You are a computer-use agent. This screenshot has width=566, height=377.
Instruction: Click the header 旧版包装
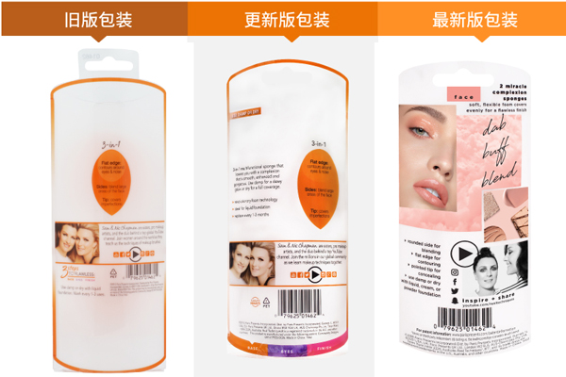pyautogui.click(x=94, y=19)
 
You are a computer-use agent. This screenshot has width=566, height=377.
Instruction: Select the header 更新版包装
pyautogui.click(x=282, y=19)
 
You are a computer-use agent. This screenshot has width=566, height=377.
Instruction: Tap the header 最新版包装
pyautogui.click(x=474, y=19)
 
